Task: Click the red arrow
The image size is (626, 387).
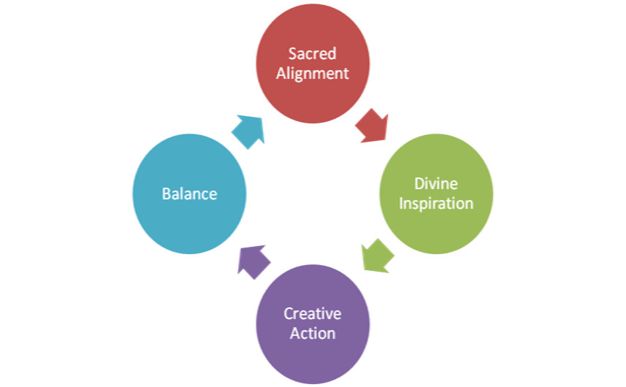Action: [373, 126]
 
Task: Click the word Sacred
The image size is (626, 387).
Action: [313, 54]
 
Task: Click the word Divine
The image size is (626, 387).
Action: [437, 183]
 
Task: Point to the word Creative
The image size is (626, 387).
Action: [313, 314]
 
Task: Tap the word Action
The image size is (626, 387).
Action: [313, 333]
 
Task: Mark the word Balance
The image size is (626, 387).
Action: [189, 194]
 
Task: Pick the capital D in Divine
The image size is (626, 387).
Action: [419, 183]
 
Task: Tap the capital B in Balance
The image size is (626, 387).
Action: [166, 194]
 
